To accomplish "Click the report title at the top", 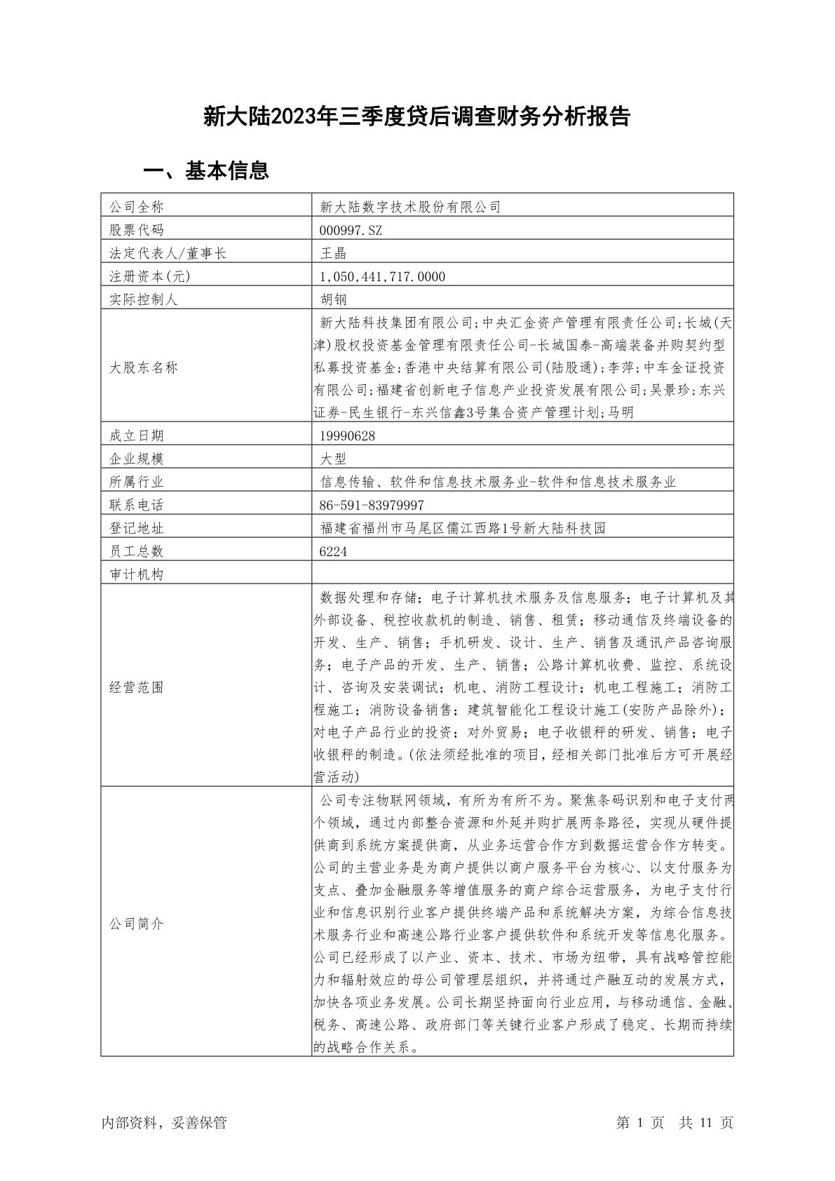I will point(417,116).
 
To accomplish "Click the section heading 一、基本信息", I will point(206,170).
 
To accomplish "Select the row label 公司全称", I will point(136,207).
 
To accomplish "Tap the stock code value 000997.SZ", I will point(351,230).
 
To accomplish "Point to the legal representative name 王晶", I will point(333,253).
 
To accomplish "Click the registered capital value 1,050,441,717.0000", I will point(382,276).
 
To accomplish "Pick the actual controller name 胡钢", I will point(333,299).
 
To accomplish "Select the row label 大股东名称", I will point(143,367).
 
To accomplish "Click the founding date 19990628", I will point(347,436).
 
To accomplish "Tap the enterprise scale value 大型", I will point(333,459).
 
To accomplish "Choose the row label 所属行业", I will point(136,482).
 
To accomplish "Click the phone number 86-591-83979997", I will point(372,505).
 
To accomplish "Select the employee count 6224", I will point(333,551).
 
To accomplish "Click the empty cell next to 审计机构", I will point(522,574).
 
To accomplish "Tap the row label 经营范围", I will point(136,687).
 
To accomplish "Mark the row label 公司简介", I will point(136,924).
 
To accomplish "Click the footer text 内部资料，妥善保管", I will point(164,1122).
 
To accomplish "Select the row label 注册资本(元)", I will point(149,276).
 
